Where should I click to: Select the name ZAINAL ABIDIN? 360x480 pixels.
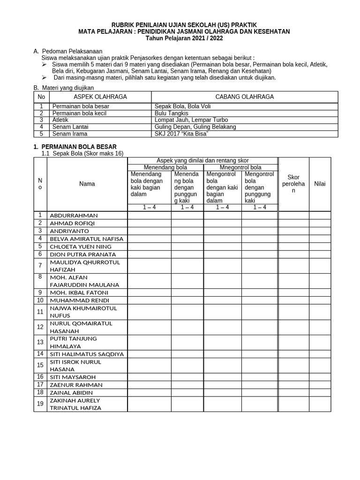coord(71,393)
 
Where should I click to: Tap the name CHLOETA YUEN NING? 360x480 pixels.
coord(81,247)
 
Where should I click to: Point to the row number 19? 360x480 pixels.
coord(40,404)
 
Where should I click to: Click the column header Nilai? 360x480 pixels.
coord(320,184)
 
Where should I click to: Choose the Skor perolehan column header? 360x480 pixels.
coord(293,184)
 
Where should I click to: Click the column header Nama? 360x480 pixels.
coord(87,184)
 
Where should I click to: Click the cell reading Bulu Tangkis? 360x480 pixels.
coord(172,113)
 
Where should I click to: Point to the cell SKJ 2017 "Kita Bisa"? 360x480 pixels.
coord(181,134)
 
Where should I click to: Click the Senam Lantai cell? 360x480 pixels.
coord(70,127)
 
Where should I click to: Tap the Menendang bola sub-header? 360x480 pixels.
coord(165,167)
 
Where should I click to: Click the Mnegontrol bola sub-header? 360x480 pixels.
coord(240,167)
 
